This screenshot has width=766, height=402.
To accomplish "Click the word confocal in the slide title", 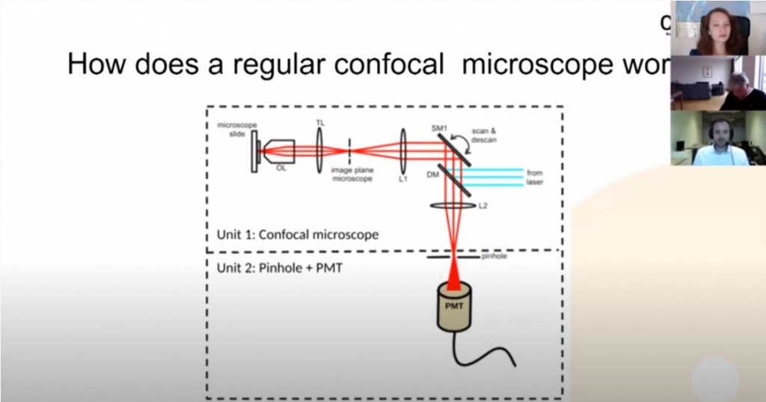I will (x=388, y=65).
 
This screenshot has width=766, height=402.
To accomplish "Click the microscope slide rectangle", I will (x=255, y=152).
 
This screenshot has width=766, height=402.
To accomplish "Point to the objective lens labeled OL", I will (x=279, y=152).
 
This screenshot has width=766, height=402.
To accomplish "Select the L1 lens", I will (x=403, y=151).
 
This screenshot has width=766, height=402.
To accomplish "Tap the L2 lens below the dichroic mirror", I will (x=453, y=204).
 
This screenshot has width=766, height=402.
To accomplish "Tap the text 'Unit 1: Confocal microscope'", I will (x=297, y=234).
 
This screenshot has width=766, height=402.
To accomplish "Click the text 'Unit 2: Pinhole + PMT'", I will (x=279, y=267).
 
